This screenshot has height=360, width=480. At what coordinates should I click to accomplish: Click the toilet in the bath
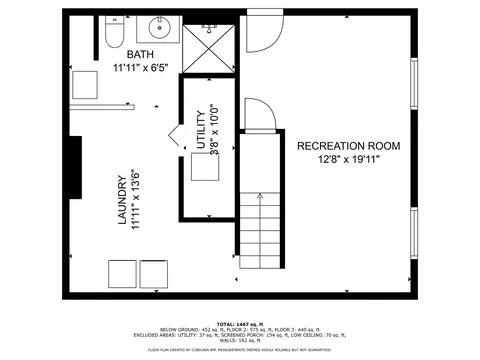112,37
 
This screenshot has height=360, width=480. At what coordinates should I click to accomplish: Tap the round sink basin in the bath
159,28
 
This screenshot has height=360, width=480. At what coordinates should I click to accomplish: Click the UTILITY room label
201,130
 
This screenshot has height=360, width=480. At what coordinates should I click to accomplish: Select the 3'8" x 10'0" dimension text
214,130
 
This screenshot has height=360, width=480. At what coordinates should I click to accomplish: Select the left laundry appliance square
122,271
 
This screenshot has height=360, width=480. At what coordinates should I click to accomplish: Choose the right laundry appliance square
154,271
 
